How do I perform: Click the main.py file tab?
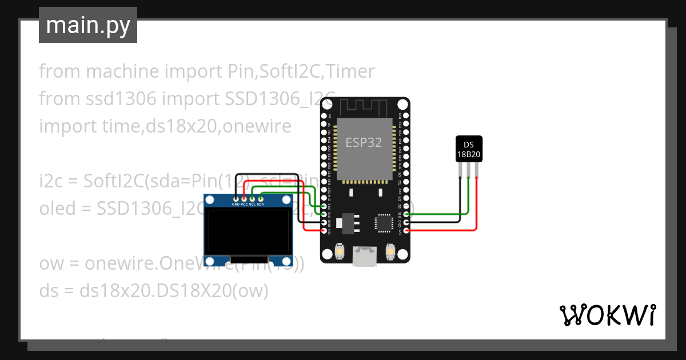[x=87, y=25]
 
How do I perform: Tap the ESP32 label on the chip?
[x=364, y=142]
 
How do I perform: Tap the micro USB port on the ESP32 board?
[x=364, y=257]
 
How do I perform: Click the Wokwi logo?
[x=607, y=315]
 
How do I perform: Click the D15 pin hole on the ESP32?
[x=406, y=214]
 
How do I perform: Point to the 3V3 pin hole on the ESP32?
[x=406, y=231]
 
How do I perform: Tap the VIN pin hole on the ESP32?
[x=324, y=231]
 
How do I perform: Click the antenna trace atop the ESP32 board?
[x=364, y=106]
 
